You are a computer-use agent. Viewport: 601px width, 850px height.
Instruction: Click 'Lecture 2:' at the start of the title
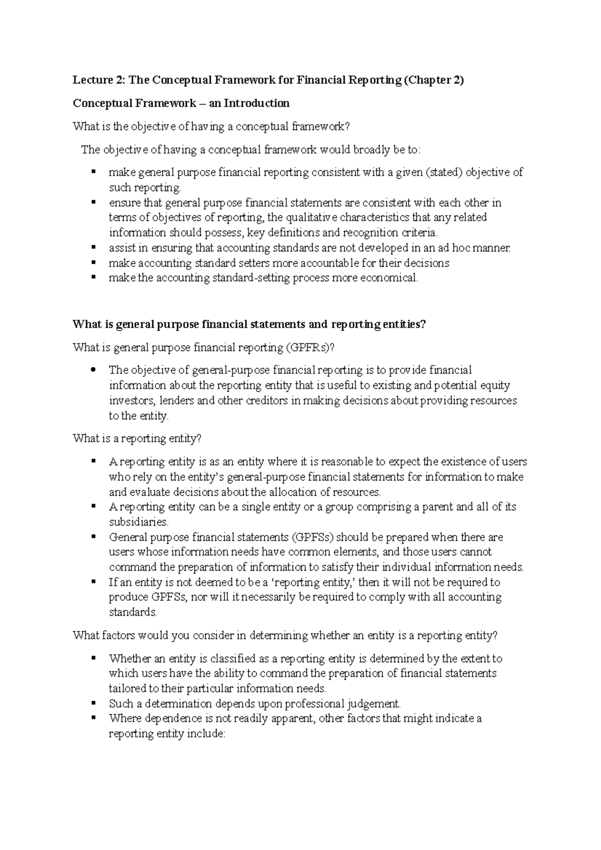pyautogui.click(x=94, y=80)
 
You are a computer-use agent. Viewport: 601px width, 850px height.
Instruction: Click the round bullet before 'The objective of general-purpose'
pyautogui.click(x=94, y=370)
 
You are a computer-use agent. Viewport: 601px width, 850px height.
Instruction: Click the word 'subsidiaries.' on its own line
pyautogui.click(x=139, y=522)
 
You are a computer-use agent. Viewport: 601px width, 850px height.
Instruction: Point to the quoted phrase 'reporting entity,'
pyautogui.click(x=316, y=582)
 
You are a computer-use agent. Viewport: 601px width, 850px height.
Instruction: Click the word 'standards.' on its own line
pyautogui.click(x=133, y=612)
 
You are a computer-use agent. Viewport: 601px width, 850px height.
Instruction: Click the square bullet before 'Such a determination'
pyautogui.click(x=94, y=703)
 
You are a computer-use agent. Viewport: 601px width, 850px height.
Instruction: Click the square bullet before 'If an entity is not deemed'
pyautogui.click(x=94, y=582)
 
